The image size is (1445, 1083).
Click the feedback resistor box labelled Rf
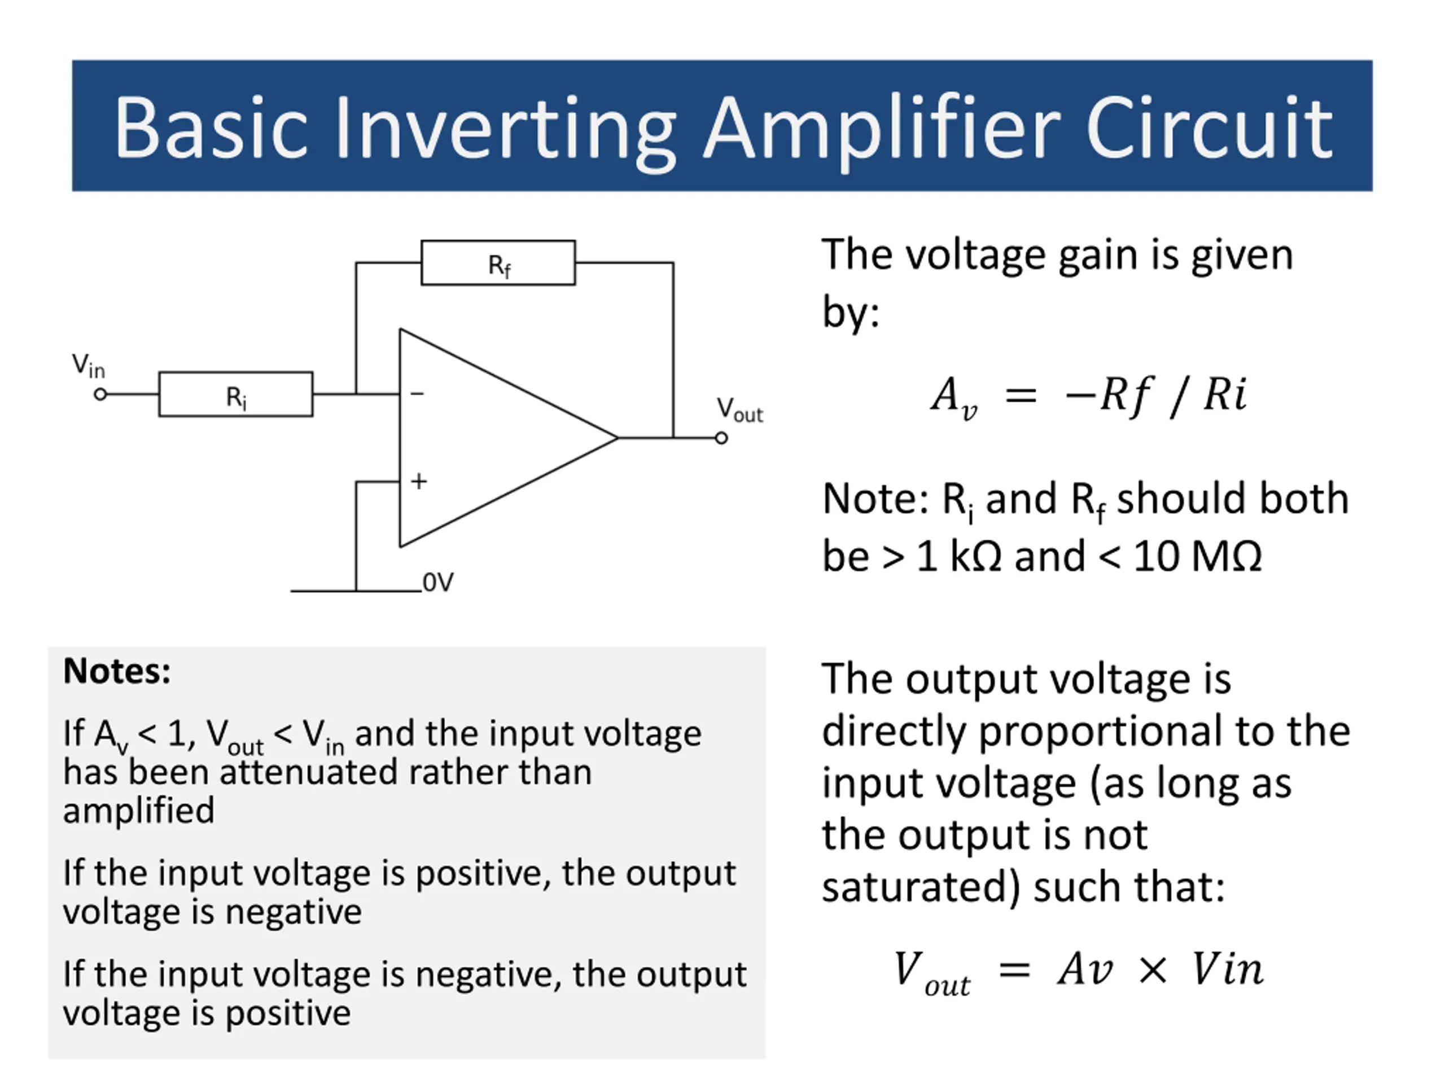(x=498, y=263)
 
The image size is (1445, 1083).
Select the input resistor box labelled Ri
(x=236, y=394)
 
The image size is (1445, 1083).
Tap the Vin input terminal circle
(x=100, y=394)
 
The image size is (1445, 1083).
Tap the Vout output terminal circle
(x=721, y=438)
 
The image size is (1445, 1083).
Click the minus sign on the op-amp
(x=417, y=394)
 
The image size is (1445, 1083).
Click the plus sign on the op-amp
(x=419, y=481)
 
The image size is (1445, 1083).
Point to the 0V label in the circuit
(x=437, y=582)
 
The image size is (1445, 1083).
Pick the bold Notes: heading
(x=117, y=671)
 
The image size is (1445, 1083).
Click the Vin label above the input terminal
(x=88, y=366)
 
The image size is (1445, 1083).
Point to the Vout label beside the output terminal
(x=739, y=410)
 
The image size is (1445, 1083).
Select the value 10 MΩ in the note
(x=1197, y=557)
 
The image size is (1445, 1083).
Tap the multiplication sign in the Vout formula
(x=1153, y=970)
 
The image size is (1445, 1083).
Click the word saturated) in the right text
(x=921, y=887)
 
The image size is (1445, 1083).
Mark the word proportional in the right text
(x=1100, y=731)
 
